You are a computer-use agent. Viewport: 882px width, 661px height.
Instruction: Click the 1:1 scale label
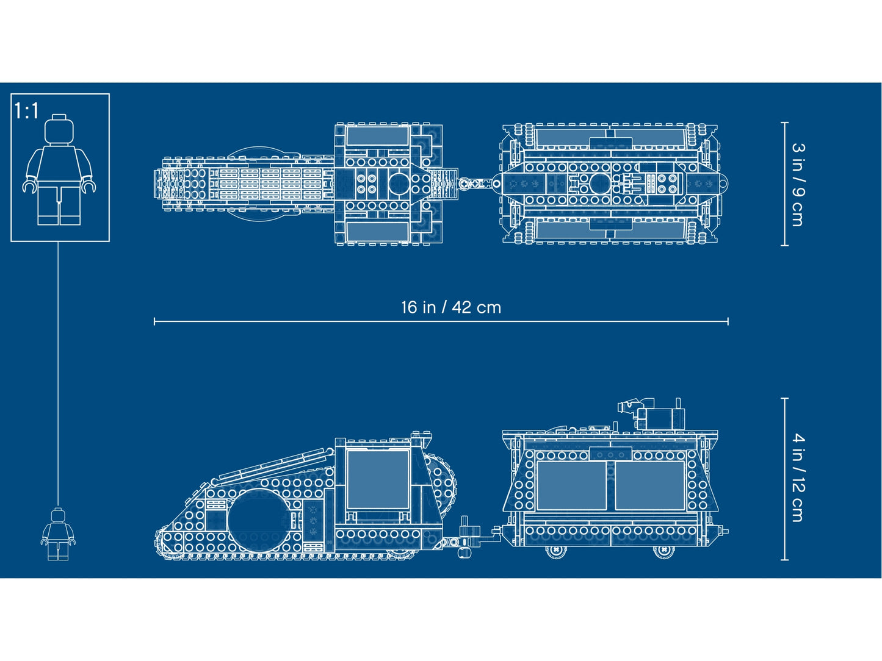click(26, 111)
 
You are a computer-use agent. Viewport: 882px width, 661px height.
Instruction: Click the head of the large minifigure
click(59, 128)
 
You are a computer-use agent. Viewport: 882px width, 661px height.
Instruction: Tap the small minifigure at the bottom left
click(58, 534)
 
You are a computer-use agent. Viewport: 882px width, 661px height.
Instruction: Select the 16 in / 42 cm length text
click(450, 307)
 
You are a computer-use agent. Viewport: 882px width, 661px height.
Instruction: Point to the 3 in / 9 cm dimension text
click(798, 184)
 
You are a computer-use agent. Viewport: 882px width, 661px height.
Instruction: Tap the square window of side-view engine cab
click(377, 479)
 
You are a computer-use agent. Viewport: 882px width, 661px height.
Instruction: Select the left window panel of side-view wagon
click(571, 485)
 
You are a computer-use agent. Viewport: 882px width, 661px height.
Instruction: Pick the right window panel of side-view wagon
click(649, 485)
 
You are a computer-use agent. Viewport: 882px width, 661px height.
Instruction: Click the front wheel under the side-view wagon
click(556, 550)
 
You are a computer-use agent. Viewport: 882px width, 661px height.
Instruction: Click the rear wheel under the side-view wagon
click(663, 550)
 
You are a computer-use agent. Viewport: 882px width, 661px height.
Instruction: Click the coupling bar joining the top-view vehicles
click(479, 183)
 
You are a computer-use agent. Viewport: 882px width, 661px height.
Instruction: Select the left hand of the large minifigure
click(29, 185)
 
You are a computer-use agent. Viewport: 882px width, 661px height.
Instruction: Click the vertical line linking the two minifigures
click(59, 372)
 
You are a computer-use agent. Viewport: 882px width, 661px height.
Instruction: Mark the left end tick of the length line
click(154, 321)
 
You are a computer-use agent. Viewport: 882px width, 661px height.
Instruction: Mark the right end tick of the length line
click(728, 321)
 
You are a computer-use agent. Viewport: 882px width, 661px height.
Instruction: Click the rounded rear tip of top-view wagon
click(723, 182)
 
